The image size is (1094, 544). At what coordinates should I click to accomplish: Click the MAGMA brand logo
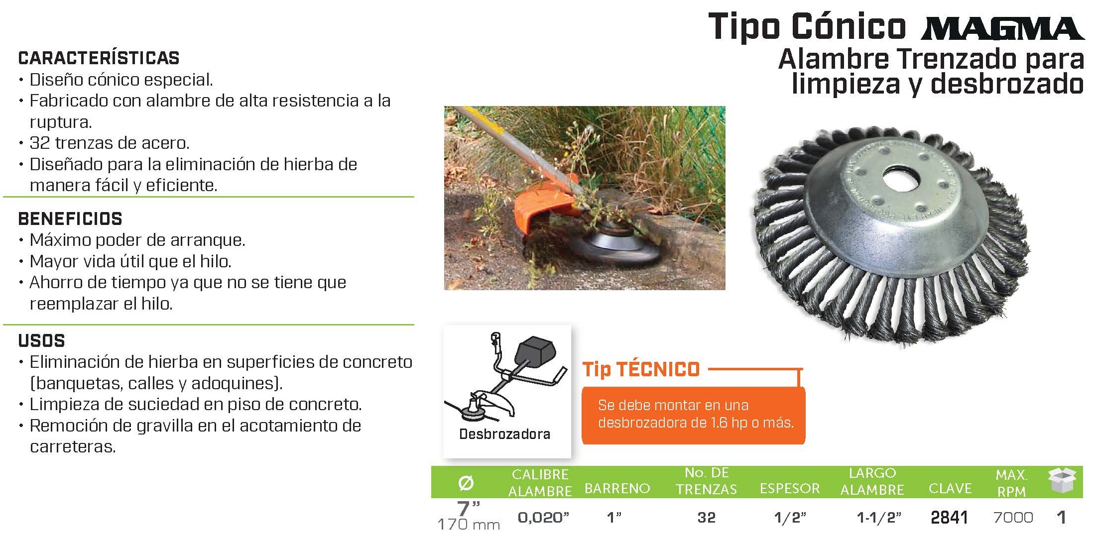coord(1002,28)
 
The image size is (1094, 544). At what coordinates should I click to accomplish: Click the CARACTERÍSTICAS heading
coord(99,58)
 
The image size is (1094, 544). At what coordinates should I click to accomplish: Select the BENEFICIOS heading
coord(70,219)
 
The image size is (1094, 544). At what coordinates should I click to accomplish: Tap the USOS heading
coord(42,341)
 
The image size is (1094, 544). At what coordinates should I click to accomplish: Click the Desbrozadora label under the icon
coord(504,434)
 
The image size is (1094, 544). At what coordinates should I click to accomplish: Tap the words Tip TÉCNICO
coord(641,369)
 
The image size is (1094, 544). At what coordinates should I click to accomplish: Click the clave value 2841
coord(949,518)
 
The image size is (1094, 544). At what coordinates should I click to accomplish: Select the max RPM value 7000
coord(1013,518)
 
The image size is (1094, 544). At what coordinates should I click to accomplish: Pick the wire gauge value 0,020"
coord(543,518)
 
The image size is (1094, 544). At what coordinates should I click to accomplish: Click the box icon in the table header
coord(1062,481)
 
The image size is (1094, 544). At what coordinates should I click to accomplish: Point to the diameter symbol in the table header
coord(466,483)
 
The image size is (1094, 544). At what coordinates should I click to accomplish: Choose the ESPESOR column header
coord(790,489)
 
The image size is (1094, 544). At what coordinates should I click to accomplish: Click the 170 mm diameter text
coord(469,525)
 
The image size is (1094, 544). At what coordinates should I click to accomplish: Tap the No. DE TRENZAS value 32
coord(706,518)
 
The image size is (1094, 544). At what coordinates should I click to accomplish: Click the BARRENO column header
coord(617,489)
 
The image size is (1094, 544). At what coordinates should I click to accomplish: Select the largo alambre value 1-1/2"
coord(879,518)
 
